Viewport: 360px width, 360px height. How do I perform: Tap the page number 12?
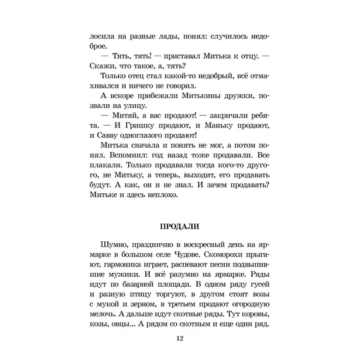(x=180, y=340)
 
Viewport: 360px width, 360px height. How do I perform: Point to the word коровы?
(x=253, y=313)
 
